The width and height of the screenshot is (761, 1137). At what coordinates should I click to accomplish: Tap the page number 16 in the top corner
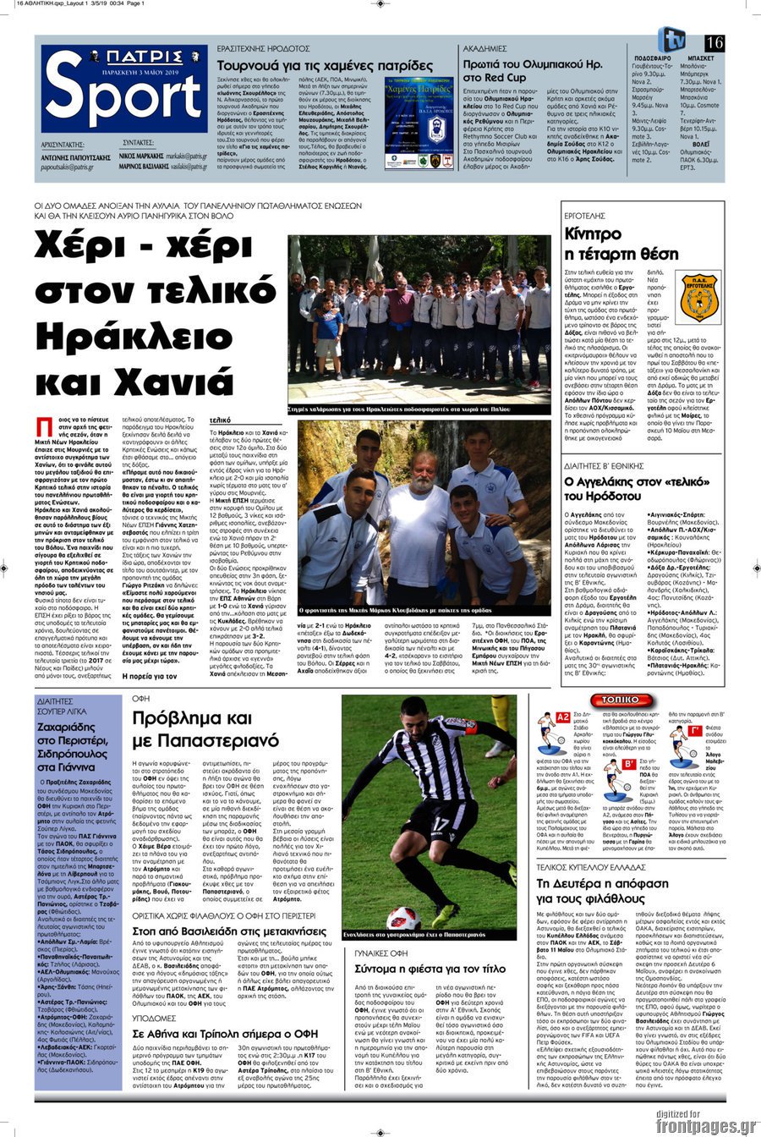click(x=714, y=43)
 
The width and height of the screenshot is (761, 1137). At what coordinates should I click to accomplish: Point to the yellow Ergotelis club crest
click(x=700, y=296)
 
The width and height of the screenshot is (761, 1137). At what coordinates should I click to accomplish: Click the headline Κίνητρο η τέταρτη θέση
click(x=621, y=243)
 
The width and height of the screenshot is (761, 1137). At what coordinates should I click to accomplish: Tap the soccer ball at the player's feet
click(x=403, y=918)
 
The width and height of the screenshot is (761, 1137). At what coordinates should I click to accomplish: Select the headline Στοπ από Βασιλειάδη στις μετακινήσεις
click(x=227, y=931)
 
